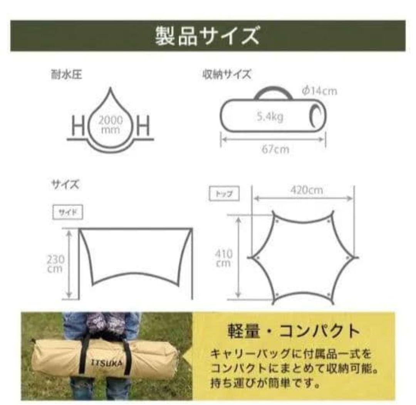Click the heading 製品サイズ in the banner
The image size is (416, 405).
[207, 36]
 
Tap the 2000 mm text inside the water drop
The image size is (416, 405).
[111, 124]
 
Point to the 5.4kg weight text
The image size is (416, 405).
[270, 116]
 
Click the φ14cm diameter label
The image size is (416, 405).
[319, 91]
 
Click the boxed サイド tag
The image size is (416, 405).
[67, 213]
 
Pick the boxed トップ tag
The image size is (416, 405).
[224, 194]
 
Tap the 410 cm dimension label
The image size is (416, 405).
[223, 259]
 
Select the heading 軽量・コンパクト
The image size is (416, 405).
[294, 331]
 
